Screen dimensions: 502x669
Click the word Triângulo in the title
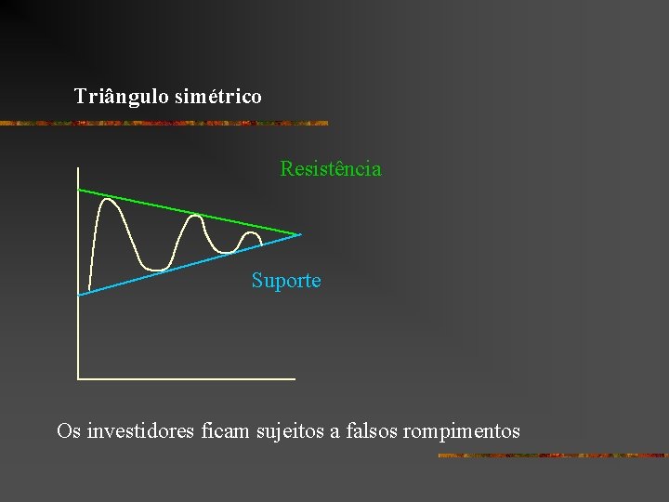121,96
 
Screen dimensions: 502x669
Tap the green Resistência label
331,169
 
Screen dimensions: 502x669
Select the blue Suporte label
286,280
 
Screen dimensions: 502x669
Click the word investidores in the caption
140,431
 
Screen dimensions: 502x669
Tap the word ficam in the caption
221,431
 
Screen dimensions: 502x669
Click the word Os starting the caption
68,431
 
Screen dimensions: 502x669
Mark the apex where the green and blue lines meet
300,234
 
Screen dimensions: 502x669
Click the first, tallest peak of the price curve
110,200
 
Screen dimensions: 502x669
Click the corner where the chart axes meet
79,378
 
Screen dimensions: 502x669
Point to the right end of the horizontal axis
294,378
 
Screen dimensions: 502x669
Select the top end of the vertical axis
79,168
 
